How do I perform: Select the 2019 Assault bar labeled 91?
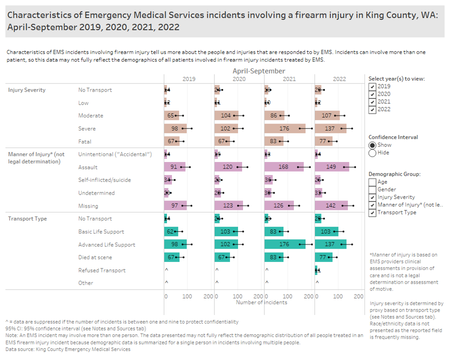[x=175, y=167]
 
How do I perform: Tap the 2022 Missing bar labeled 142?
[x=331, y=205]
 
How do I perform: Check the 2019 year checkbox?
[x=372, y=86]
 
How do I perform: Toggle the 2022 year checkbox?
[x=372, y=109]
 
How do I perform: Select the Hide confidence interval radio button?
[x=372, y=153]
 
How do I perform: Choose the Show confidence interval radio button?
[x=372, y=145]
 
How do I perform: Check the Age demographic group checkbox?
[x=372, y=182]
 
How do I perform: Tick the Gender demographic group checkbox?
[x=372, y=189]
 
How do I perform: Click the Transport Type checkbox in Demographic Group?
[x=372, y=212]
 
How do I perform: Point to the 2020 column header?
[x=239, y=79]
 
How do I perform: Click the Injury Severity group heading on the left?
[x=27, y=90]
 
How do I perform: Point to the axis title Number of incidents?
[x=261, y=302]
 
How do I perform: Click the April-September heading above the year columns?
[x=258, y=71]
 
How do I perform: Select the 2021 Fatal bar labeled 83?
[x=274, y=141]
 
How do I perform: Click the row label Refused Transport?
[x=101, y=270]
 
